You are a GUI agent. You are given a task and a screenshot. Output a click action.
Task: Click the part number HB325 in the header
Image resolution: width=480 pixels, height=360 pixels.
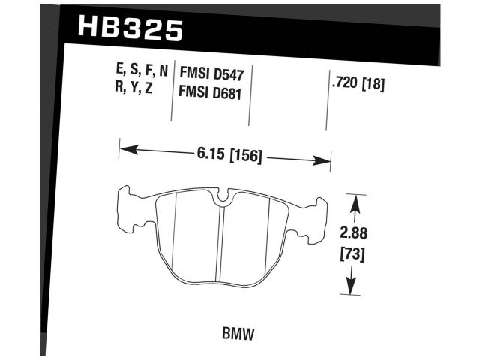[x=129, y=28]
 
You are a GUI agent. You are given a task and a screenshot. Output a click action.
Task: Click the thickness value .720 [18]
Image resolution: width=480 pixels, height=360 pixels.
[x=358, y=85]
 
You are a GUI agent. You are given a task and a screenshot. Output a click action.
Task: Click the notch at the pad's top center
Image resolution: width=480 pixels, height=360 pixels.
[x=223, y=199]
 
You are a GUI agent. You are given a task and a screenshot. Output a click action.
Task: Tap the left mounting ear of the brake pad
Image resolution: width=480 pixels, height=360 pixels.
[x=131, y=208]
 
